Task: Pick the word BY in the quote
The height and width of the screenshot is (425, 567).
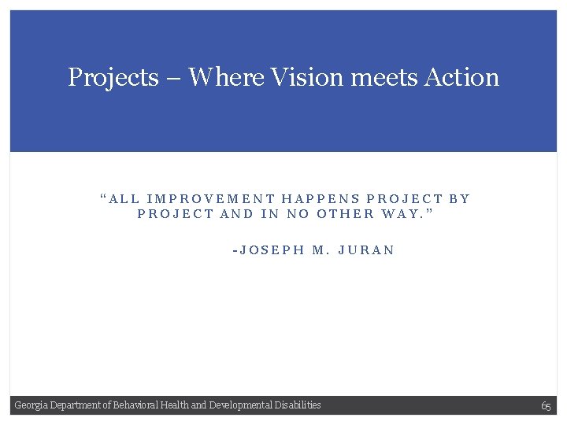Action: pos(459,199)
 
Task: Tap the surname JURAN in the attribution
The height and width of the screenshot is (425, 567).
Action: pos(365,251)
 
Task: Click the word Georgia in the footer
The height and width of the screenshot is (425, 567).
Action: pos(31,405)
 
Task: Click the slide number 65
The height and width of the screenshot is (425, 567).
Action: pos(546,406)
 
